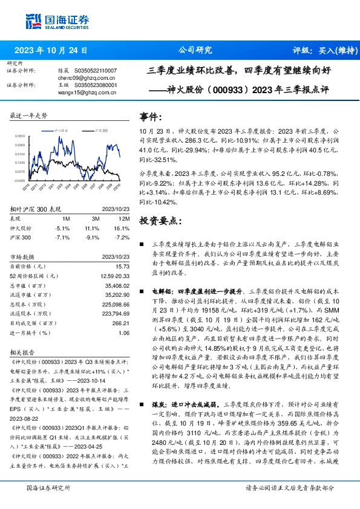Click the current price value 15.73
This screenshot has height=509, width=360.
(123, 266)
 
